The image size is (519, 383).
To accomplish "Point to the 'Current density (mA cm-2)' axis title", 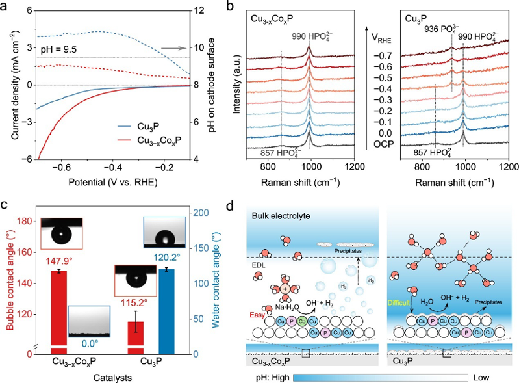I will click(x=14, y=81).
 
